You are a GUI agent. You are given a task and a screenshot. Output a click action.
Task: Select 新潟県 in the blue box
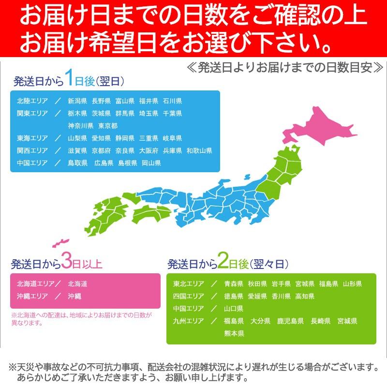[77, 102]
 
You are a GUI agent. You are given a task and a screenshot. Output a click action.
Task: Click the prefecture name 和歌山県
[199, 151]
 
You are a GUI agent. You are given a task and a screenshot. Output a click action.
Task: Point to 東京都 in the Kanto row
[108, 126]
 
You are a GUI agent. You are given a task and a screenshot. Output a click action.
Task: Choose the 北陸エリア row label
[32, 102]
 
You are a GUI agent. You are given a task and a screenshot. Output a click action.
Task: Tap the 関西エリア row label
[32, 151]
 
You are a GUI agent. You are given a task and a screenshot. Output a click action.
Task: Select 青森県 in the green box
[234, 284]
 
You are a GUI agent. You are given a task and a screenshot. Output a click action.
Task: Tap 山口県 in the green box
[234, 309]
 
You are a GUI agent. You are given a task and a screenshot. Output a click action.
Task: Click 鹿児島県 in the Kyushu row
[290, 321]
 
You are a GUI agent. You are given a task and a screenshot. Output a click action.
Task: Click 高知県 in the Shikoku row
[305, 297]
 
